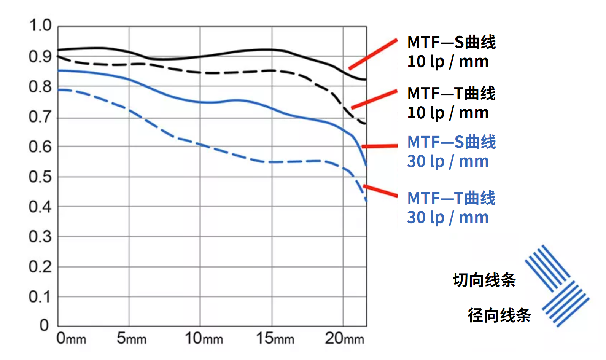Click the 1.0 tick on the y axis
pyautogui.click(x=40, y=26)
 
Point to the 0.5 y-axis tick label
pyautogui.click(x=40, y=177)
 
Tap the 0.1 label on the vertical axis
pyautogui.click(x=40, y=297)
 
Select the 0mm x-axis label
pyautogui.click(x=71, y=338)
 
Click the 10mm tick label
pyautogui.click(x=204, y=338)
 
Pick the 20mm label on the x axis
pyautogui.click(x=344, y=338)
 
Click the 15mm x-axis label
pyautogui.click(x=275, y=338)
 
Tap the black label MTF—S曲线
pyautogui.click(x=452, y=42)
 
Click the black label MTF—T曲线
pyautogui.click(x=452, y=94)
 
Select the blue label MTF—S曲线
pyautogui.click(x=452, y=142)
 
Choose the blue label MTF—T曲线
pyautogui.click(x=452, y=198)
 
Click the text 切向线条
pyautogui.click(x=484, y=280)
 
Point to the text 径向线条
pyautogui.click(x=499, y=315)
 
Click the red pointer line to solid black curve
pyautogui.click(x=373, y=54)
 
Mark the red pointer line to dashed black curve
pyautogui.click(x=374, y=99)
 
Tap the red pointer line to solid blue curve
pyautogui.click(x=380, y=146)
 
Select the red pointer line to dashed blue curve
pyautogui.click(x=380, y=191)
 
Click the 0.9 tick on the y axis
pyautogui.click(x=40, y=57)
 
